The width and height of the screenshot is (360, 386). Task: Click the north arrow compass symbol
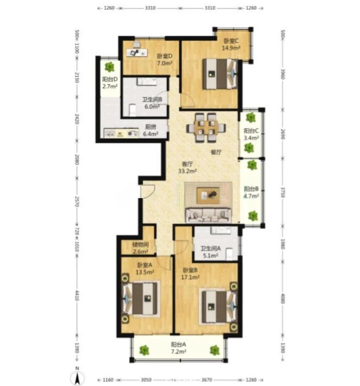point(78,376)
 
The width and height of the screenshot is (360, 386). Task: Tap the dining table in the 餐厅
point(206,128)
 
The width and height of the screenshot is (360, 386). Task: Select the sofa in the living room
point(209,215)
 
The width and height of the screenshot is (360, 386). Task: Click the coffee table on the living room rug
point(208,195)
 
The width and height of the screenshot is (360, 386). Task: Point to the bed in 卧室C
point(220,74)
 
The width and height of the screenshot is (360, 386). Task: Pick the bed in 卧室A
point(140,299)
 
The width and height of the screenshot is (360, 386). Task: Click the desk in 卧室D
point(137,53)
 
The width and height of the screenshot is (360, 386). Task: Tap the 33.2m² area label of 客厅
point(187,171)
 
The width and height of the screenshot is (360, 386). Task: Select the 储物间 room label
point(140,244)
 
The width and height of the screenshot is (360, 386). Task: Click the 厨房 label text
point(150,127)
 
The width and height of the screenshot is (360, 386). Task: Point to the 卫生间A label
point(211,249)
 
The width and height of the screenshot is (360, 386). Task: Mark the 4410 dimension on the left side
point(77,295)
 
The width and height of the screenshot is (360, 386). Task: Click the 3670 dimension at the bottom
point(206,380)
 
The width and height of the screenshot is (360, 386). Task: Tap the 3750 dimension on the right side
point(283,192)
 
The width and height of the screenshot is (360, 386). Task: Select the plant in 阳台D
point(109,67)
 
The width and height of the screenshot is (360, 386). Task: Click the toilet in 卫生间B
point(132,110)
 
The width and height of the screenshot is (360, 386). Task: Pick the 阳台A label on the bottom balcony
point(179,344)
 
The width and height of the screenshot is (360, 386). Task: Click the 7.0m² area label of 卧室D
point(165,63)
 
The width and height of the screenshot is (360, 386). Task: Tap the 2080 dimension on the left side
point(77,160)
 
